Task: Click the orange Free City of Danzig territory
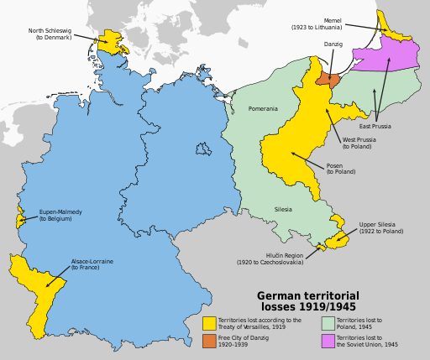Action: tap(327, 78)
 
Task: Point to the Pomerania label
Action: tap(263, 109)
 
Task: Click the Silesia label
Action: tap(284, 209)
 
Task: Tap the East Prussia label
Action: tap(387, 126)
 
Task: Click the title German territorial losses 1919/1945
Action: tap(307, 301)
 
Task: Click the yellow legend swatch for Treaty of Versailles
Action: tap(209, 323)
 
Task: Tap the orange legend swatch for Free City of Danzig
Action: tap(209, 340)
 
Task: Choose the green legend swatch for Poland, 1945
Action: tap(328, 323)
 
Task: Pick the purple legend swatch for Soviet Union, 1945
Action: tap(328, 340)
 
